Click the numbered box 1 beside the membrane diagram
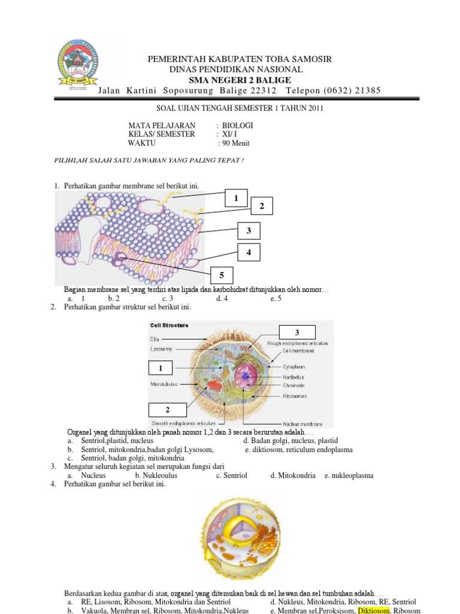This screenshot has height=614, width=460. (x=236, y=198)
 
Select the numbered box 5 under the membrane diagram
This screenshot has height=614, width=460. (x=221, y=275)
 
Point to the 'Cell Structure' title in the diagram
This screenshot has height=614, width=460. (x=170, y=326)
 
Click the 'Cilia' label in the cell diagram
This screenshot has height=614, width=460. (x=155, y=339)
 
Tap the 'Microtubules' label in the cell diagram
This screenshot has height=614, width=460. (x=164, y=384)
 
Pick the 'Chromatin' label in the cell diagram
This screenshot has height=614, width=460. (x=294, y=386)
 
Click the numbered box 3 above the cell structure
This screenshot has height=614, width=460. (x=296, y=332)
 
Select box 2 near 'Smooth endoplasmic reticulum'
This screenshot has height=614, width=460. (x=168, y=410)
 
